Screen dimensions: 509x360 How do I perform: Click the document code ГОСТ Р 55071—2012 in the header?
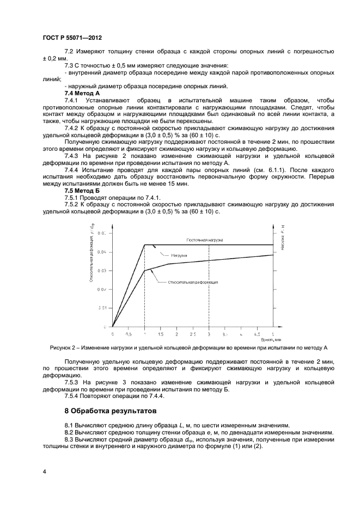tap(72, 38)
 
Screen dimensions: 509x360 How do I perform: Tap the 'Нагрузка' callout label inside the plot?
tap(179, 255)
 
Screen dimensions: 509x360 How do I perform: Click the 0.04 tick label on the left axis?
tap(102, 252)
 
